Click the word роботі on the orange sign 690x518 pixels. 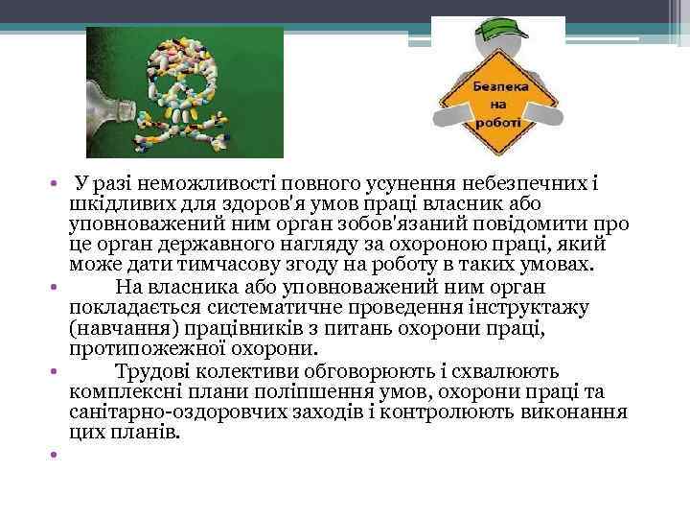pos(495,123)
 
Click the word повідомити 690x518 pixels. pos(536,224)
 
